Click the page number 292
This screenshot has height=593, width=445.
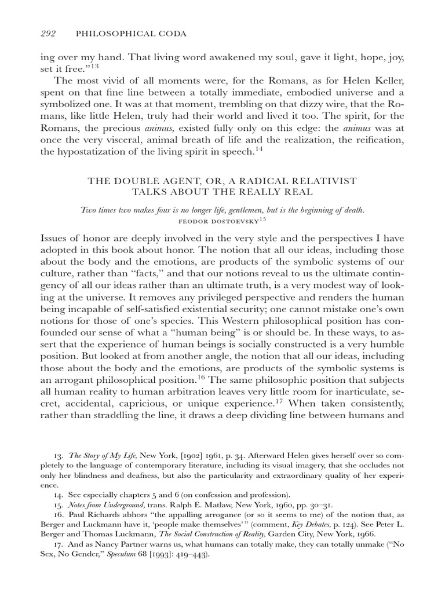50,34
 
